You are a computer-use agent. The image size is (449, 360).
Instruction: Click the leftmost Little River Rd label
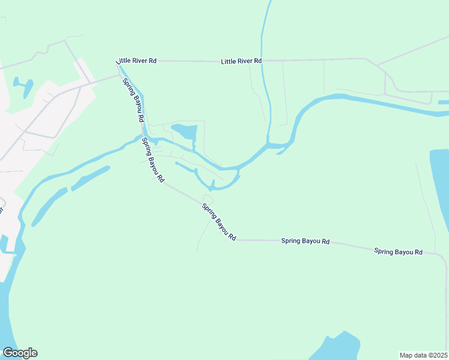pos(136,61)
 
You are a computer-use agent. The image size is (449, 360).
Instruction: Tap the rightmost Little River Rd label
pos(241,61)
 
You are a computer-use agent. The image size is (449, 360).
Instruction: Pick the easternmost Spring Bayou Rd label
pos(399,252)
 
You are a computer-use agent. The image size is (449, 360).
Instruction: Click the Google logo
pos(20,353)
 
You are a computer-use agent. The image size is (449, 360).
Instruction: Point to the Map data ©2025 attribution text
pos(423,355)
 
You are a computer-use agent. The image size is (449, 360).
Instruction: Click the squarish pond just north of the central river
pos(185,130)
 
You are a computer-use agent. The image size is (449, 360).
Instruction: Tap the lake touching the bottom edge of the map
pos(339,348)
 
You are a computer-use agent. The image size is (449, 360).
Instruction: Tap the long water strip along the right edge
pos(440,186)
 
